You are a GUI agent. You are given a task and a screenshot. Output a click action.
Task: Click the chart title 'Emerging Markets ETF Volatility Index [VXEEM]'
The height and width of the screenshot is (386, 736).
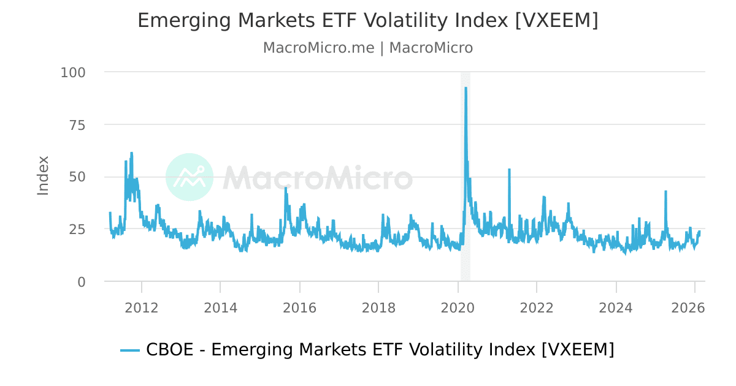click(x=367, y=20)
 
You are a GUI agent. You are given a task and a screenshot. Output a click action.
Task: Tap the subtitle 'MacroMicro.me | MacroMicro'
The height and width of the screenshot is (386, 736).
click(x=367, y=48)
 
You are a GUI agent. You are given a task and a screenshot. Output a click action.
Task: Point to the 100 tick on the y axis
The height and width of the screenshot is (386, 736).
click(x=73, y=72)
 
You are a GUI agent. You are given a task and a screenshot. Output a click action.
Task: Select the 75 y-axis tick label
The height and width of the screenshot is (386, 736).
click(x=77, y=125)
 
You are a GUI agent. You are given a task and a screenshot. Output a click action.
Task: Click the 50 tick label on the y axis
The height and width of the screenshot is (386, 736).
click(x=77, y=177)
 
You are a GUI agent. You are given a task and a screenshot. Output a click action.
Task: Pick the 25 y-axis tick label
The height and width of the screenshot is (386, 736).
click(x=77, y=229)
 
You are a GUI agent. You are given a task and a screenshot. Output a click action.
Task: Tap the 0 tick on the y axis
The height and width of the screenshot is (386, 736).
click(x=82, y=282)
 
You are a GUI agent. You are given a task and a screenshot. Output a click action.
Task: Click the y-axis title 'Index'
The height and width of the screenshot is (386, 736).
click(x=43, y=176)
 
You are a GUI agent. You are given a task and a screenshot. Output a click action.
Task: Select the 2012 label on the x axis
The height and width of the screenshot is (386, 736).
click(x=142, y=308)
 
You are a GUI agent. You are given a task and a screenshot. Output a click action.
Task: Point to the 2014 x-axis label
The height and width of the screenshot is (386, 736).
click(x=221, y=308)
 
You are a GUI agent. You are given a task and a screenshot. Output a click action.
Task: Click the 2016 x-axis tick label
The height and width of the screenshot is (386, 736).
click(x=300, y=308)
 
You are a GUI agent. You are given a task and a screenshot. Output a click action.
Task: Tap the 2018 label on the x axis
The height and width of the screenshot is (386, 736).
click(x=379, y=308)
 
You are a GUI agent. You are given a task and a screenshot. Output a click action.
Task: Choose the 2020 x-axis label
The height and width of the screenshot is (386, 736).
click(x=458, y=308)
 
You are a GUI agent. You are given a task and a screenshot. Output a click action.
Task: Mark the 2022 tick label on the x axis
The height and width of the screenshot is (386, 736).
click(x=537, y=308)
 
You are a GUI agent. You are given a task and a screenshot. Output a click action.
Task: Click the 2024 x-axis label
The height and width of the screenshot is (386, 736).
click(x=616, y=308)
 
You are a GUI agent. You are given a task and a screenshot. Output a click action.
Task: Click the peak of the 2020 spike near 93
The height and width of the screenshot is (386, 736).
click(x=466, y=88)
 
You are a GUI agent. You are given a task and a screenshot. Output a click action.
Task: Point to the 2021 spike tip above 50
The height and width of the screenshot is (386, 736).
click(x=509, y=170)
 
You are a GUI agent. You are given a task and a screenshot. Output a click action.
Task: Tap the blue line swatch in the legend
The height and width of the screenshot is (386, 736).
click(x=130, y=350)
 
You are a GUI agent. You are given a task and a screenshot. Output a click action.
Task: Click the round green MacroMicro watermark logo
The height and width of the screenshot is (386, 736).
click(x=190, y=177)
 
